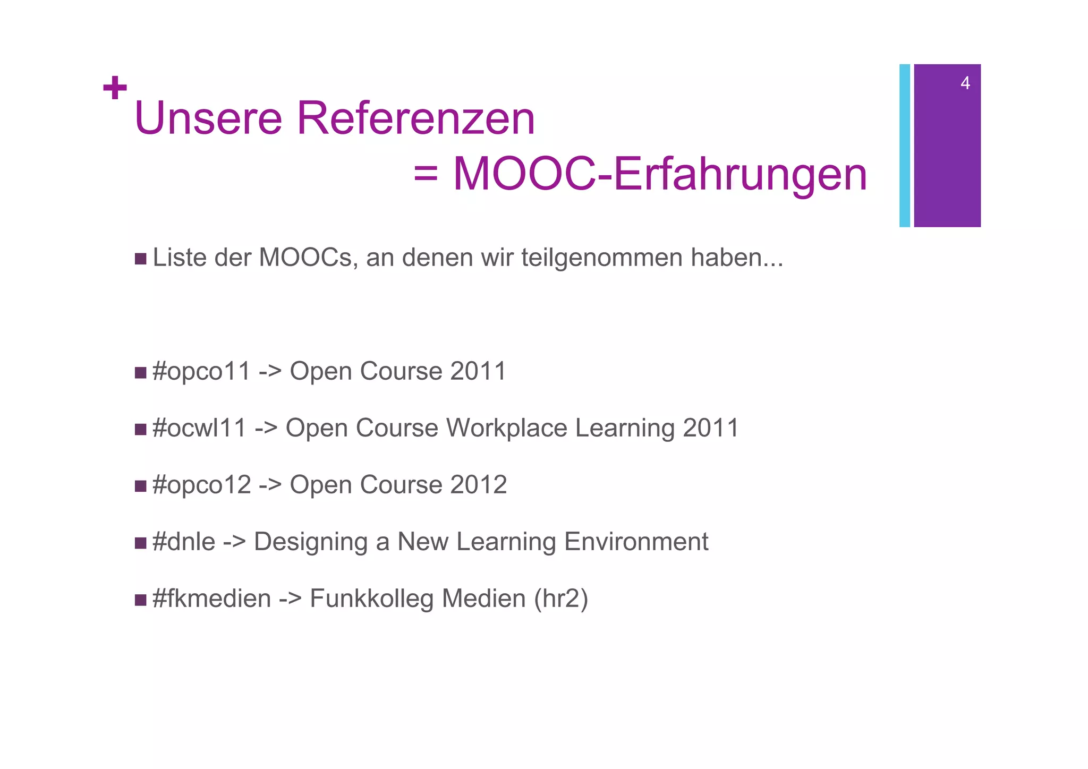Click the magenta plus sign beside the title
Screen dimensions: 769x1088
pos(115,88)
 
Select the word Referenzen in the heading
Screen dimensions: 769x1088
pos(415,118)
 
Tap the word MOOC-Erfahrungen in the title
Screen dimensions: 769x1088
pos(660,174)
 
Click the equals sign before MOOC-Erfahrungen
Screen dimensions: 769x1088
pos(426,174)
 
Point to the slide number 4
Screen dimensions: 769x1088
pos(965,83)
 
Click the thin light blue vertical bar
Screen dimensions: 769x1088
pos(904,146)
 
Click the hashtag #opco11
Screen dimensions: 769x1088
pos(201,371)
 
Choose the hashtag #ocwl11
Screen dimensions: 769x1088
pos(199,428)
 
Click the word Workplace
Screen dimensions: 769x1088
pos(507,428)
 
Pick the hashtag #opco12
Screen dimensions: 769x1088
pos(201,485)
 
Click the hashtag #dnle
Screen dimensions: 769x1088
pos(184,542)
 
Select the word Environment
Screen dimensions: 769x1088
pos(636,542)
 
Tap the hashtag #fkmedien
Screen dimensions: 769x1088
pos(211,599)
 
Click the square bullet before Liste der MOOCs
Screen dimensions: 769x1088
pos(140,259)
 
